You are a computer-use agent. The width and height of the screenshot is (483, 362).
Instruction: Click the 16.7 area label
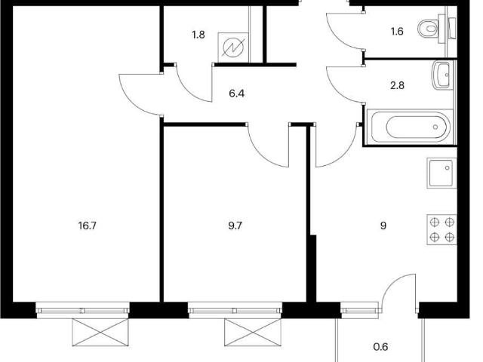88,226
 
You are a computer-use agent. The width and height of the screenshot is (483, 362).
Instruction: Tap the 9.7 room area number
235,226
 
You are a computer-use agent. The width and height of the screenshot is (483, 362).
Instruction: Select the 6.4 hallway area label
236,93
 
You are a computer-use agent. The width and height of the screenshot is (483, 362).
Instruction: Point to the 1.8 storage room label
198,35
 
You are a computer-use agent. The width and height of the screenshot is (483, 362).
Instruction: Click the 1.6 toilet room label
397,32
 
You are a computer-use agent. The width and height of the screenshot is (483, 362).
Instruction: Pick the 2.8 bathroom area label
397,85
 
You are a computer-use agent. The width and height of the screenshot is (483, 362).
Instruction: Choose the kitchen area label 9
383,226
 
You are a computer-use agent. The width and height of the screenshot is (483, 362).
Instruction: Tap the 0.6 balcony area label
380,347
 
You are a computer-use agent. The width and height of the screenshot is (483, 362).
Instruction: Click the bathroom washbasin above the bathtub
443,75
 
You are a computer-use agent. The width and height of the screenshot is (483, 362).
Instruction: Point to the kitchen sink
441,173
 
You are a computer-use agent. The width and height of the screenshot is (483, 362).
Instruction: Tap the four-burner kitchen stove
441,229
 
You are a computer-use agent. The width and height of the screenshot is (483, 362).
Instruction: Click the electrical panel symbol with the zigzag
233,48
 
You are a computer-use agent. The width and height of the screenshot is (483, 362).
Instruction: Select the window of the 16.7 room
82,310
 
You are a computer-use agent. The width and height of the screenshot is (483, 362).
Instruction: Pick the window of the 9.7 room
235,310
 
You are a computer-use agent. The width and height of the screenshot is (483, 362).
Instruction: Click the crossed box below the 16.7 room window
100,333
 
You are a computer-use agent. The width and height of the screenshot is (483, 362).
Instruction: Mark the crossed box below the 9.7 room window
253,333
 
